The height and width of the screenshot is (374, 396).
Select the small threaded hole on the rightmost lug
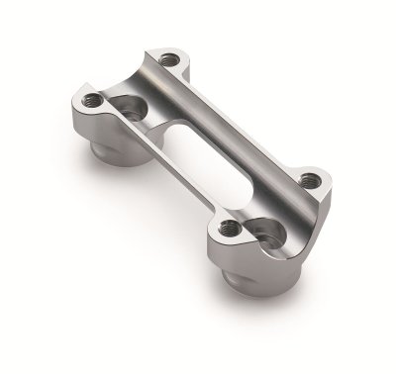coord(309,180)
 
